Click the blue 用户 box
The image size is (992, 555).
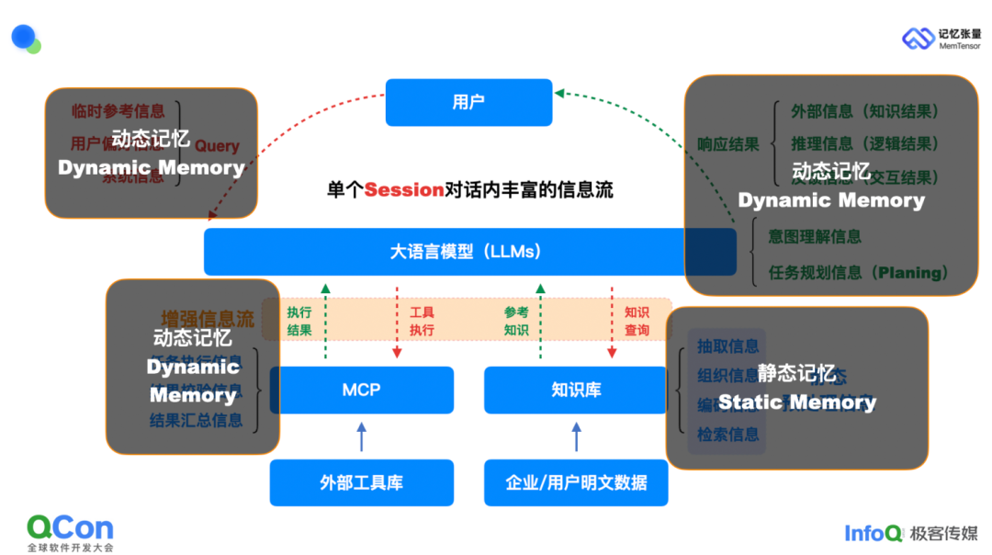[x=468, y=102]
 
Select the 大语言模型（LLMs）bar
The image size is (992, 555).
[x=468, y=251]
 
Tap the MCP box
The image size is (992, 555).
[x=361, y=390]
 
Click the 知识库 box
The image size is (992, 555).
[x=576, y=390]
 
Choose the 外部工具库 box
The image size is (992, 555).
[x=361, y=482]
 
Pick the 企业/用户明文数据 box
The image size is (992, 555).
[x=576, y=482]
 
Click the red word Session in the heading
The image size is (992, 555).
[x=404, y=190]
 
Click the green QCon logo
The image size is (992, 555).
[x=70, y=528]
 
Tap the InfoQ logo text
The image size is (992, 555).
[x=874, y=533]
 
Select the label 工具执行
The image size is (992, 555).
[x=422, y=321]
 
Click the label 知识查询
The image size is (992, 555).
[x=637, y=321]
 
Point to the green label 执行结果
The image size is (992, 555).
[x=299, y=321]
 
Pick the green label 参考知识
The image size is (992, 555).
[x=516, y=321]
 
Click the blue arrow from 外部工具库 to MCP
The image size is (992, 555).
[x=361, y=436]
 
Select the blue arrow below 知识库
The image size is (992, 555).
[x=576, y=436]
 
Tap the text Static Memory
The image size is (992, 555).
[x=796, y=402]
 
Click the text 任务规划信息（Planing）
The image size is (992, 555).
[x=858, y=273]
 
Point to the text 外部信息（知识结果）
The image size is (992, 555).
[x=865, y=111]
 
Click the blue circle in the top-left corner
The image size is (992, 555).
[x=23, y=37]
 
